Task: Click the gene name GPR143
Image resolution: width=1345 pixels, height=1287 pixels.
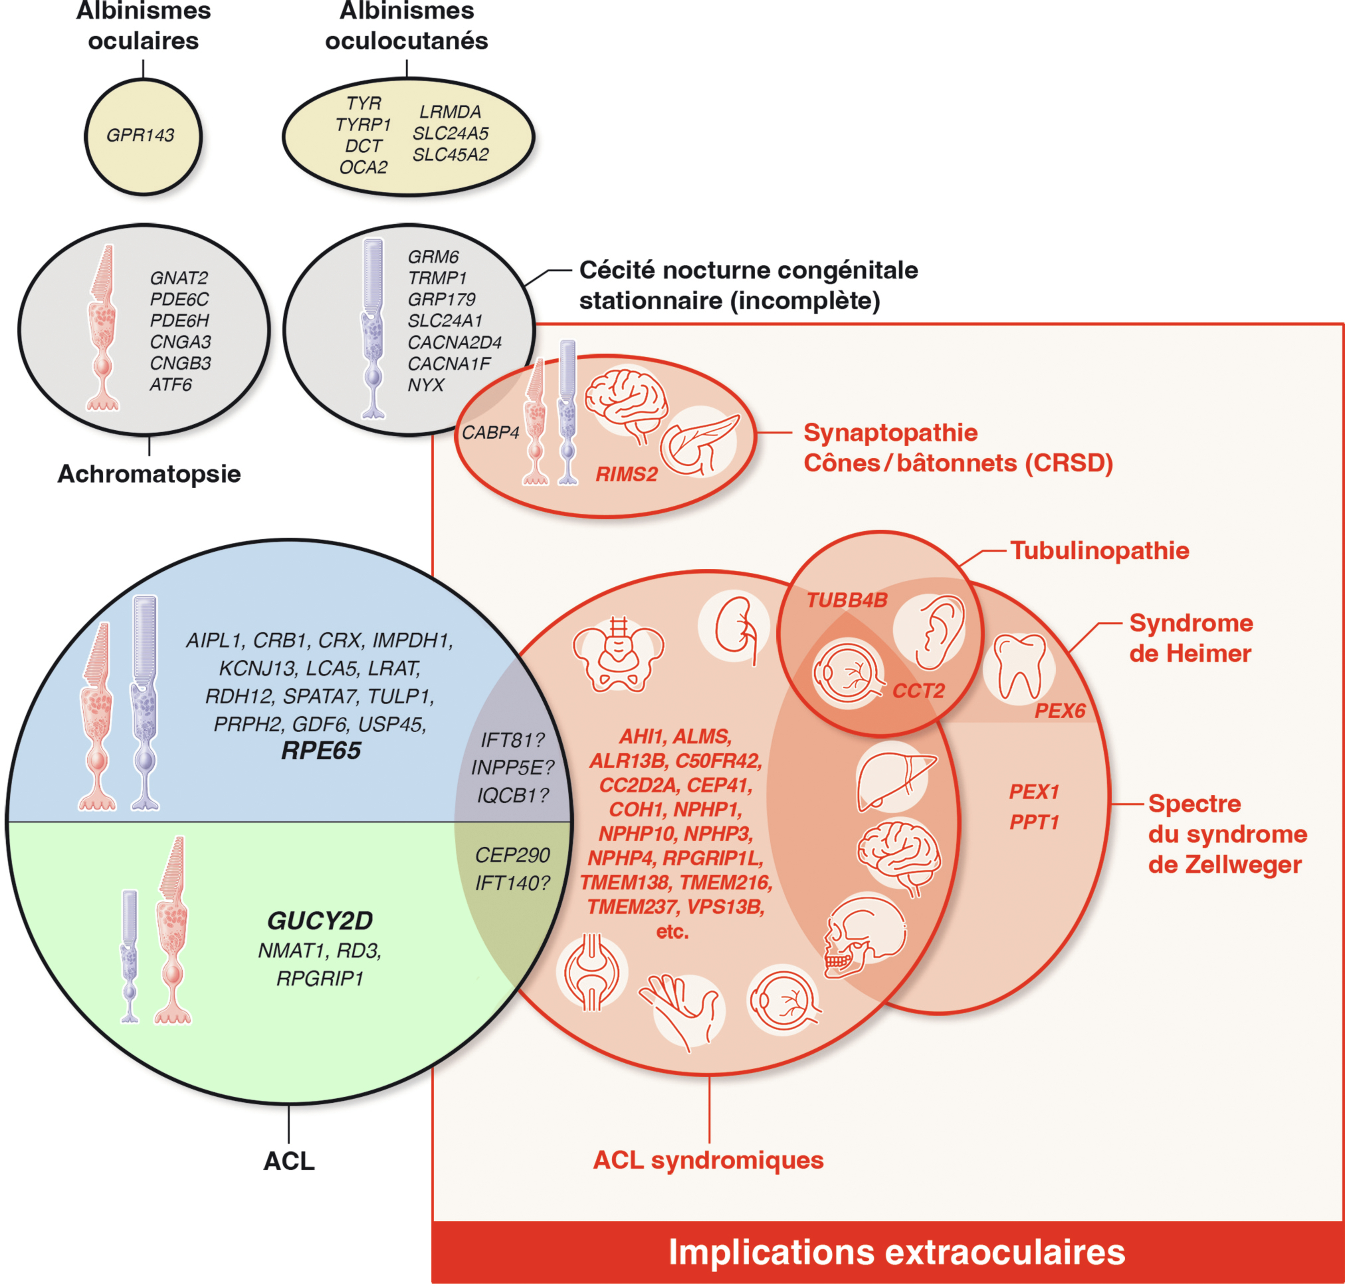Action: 141,135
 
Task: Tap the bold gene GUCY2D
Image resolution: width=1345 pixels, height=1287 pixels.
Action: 320,920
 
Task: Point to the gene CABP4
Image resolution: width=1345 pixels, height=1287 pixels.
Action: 490,433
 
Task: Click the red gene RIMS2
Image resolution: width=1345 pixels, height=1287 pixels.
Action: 626,474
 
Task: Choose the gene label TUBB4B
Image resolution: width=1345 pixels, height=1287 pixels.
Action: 847,600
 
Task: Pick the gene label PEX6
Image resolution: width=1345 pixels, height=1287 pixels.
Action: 1059,711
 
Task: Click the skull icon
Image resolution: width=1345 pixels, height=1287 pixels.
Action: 866,936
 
